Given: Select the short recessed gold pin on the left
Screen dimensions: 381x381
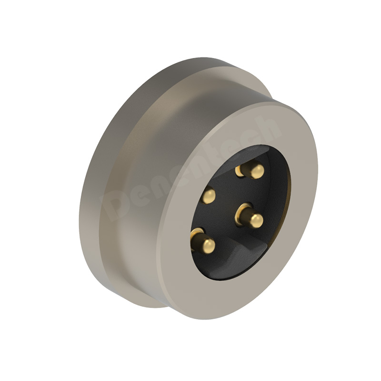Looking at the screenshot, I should click(209, 195).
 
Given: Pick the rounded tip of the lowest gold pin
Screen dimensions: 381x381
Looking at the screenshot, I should click(207, 245).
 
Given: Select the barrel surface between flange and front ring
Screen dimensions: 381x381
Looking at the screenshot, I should click(157, 119).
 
